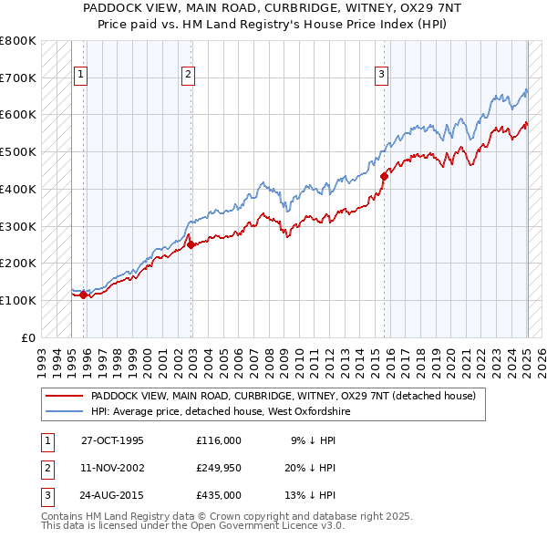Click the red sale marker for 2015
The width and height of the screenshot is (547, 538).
384,176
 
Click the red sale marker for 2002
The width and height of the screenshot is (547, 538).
191,244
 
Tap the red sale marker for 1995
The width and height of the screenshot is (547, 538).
83,295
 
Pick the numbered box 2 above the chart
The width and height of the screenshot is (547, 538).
189,76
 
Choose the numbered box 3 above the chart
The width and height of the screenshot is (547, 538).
382,76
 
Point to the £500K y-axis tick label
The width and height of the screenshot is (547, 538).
18,152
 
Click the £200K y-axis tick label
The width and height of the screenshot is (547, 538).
18,264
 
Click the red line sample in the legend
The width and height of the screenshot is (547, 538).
64,397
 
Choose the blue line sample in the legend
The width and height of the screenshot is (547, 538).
64,412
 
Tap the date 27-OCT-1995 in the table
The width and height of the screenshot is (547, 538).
112,440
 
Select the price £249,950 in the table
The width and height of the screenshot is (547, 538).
219,468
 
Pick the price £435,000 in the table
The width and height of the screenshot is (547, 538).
219,495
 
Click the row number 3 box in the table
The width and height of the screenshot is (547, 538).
46,495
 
